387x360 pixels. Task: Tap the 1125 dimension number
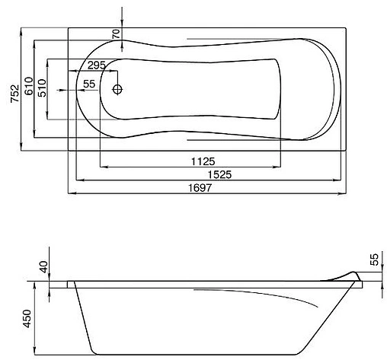pyautogui.click(x=203, y=161)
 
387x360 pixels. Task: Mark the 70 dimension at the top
pyautogui.click(x=115, y=34)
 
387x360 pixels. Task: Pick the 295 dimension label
pyautogui.click(x=96, y=65)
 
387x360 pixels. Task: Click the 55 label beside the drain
pyautogui.click(x=88, y=84)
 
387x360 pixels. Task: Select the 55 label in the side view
pyautogui.click(x=374, y=260)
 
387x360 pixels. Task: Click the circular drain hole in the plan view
pyautogui.click(x=117, y=89)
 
